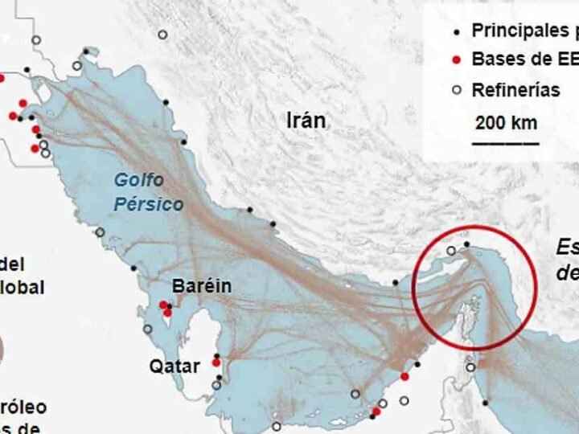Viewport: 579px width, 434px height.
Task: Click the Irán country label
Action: [x=306, y=121]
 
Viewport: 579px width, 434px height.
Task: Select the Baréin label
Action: [x=202, y=286]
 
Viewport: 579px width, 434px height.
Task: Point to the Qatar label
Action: [x=175, y=366]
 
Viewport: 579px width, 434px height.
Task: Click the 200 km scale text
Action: [x=506, y=123]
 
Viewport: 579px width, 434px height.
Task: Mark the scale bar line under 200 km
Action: [x=505, y=143]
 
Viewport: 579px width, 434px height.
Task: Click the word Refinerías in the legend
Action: [x=515, y=90]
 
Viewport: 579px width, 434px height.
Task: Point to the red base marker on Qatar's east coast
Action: [x=216, y=362]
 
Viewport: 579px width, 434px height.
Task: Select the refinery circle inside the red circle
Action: [x=451, y=251]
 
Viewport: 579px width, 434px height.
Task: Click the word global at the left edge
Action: [x=22, y=287]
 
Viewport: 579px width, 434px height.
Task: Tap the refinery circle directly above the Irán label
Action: [x=162, y=35]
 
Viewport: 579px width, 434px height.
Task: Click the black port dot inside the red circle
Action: [x=466, y=244]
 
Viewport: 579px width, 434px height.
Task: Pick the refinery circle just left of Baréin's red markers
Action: [x=147, y=330]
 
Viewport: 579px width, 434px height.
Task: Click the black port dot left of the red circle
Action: [x=395, y=283]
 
